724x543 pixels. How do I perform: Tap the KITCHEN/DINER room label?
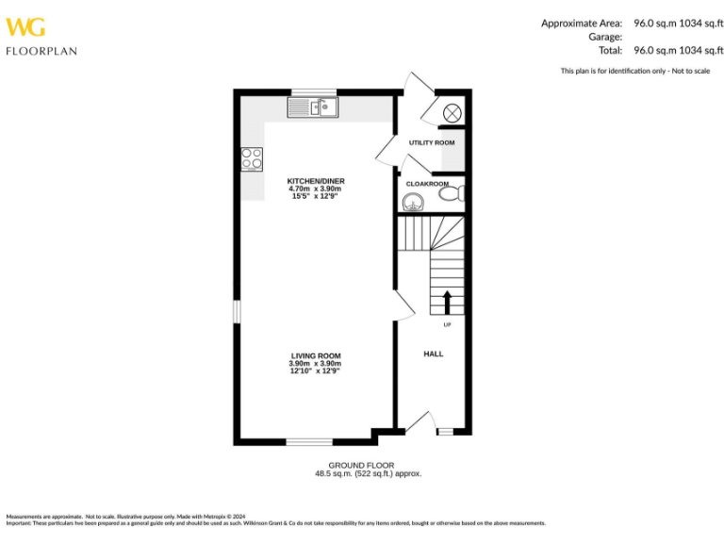pyautogui.click(x=316, y=180)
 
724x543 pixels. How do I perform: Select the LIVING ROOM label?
pyautogui.click(x=315, y=355)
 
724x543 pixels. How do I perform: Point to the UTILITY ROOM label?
pyautogui.click(x=432, y=142)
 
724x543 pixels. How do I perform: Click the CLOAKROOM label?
pyautogui.click(x=427, y=184)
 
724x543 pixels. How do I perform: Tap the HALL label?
pyautogui.click(x=433, y=354)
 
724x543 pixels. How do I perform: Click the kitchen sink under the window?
pyautogui.click(x=314, y=108)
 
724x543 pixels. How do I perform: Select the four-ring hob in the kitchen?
pyautogui.click(x=252, y=158)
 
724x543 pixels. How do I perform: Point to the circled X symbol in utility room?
pyautogui.click(x=452, y=112)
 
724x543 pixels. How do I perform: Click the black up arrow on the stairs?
pyautogui.click(x=447, y=302)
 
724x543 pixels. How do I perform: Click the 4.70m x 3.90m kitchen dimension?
pyautogui.click(x=316, y=189)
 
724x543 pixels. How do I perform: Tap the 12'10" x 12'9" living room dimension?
pyautogui.click(x=315, y=371)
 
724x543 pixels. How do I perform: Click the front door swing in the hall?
pyautogui.click(x=419, y=422)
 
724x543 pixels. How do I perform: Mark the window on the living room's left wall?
pyautogui.click(x=237, y=311)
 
